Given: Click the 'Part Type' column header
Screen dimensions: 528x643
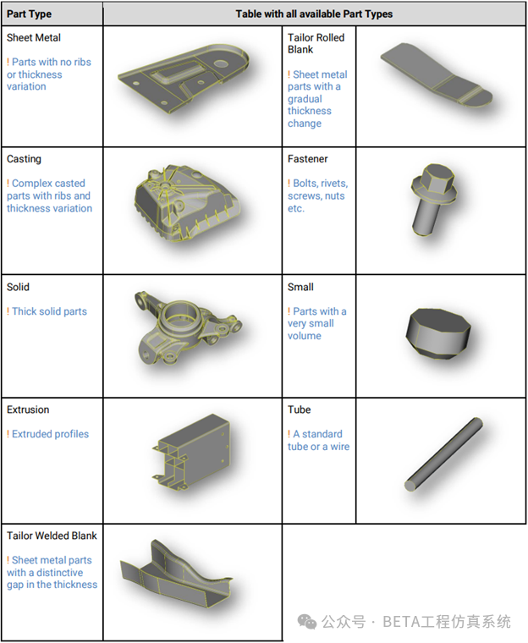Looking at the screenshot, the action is tap(29, 14).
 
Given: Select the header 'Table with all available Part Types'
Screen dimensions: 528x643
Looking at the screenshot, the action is tap(314, 14).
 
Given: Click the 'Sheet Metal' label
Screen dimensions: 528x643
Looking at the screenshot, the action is tap(34, 38).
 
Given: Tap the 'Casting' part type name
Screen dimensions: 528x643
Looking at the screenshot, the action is tap(24, 159).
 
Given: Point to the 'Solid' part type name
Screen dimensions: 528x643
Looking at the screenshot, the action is tap(18, 287).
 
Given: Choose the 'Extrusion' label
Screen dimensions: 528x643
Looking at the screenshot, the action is tap(28, 409).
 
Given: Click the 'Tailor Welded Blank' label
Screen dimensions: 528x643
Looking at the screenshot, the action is tap(52, 536).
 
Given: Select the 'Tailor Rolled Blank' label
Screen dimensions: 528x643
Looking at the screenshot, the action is tap(316, 43).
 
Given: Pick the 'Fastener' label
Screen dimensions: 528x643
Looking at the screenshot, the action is tap(308, 159).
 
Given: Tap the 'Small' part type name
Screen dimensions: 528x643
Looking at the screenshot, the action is tap(300, 287).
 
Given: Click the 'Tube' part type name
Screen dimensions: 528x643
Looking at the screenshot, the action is tap(299, 409).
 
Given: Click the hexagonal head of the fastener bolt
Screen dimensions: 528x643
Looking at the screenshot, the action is tap(438, 179).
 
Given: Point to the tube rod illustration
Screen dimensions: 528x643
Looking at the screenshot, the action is tap(443, 454).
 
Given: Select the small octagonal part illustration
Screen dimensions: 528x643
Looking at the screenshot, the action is tap(438, 333).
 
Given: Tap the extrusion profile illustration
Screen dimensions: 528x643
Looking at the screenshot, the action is tap(190, 452).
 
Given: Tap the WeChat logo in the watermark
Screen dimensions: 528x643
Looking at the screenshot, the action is tap(307, 622).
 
